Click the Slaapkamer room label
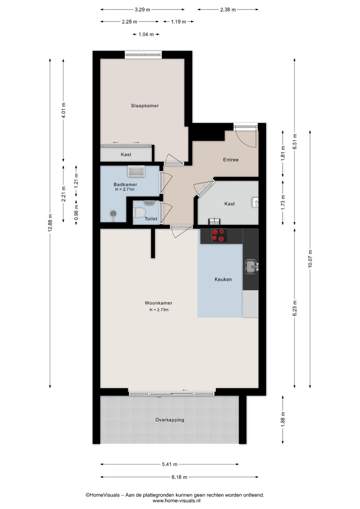coord(145,106)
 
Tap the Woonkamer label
coord(159,303)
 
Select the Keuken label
coord(223,279)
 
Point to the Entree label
coord(231,160)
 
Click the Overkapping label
coord(170,420)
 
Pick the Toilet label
coord(151,218)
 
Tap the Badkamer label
coord(125,184)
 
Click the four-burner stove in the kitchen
coord(219,235)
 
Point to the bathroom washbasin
coord(136,171)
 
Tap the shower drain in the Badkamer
coord(113,213)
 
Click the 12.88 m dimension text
coord(50,223)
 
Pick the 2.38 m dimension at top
coord(228,10)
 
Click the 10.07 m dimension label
coord(310,259)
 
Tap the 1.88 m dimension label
coord(283,419)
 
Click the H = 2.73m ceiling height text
coord(159,310)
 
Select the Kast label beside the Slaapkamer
coord(126,154)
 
